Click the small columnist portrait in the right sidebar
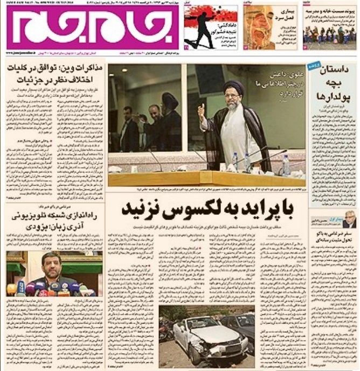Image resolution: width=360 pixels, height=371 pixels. tap(349, 219)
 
